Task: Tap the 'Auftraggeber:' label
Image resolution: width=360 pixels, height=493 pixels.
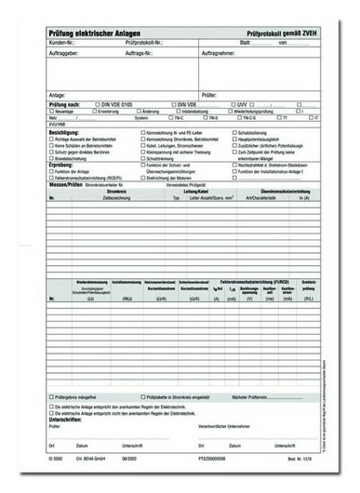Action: [66, 53]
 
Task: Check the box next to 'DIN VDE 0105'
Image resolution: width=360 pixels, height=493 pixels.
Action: [95, 104]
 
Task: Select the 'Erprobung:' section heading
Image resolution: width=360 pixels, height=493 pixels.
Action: [61, 167]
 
